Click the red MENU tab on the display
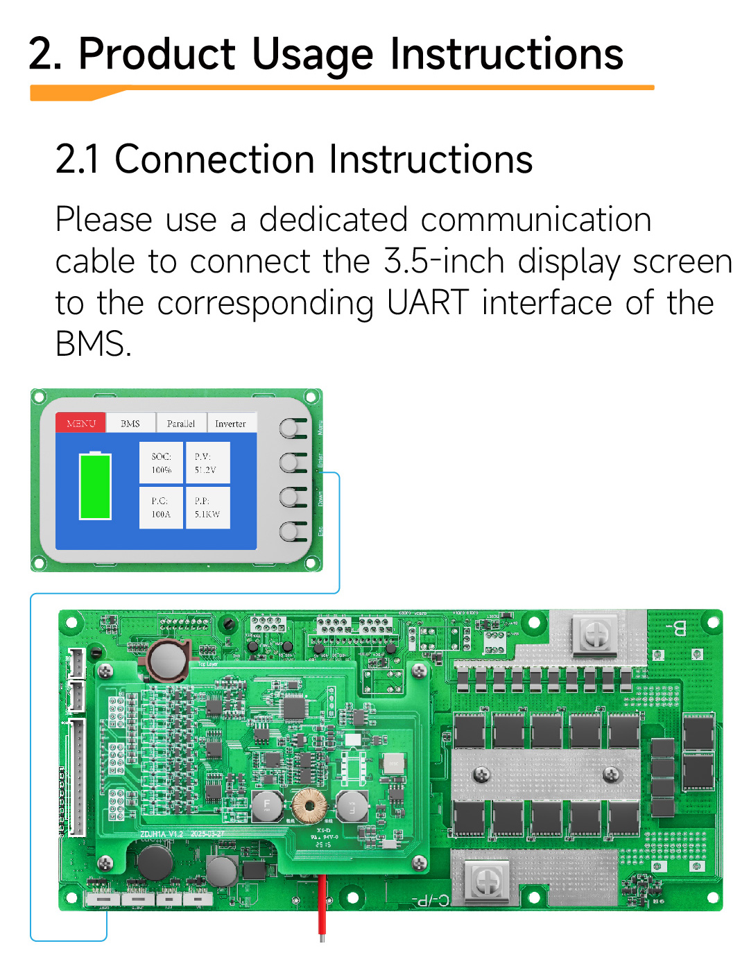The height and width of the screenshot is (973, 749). tap(80, 423)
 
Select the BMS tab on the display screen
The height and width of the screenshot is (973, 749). tap(130, 423)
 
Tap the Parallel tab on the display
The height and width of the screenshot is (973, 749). tap(181, 423)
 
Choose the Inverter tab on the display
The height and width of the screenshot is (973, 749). tap(231, 423)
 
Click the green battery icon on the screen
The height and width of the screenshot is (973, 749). tap(95, 485)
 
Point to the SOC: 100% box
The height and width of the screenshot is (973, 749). tap(161, 463)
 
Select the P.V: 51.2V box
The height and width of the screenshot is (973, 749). tap(207, 463)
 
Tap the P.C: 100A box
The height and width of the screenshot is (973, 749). tap(161, 508)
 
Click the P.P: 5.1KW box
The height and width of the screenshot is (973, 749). tap(207, 508)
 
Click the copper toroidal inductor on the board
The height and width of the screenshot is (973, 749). tap(309, 806)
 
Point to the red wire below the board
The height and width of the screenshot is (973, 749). tap(322, 905)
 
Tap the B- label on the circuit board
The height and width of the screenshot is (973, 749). tap(675, 629)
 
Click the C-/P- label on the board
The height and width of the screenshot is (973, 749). tap(431, 900)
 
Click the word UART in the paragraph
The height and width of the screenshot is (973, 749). tap(427, 303)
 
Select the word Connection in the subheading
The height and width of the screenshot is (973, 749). tap(214, 160)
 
